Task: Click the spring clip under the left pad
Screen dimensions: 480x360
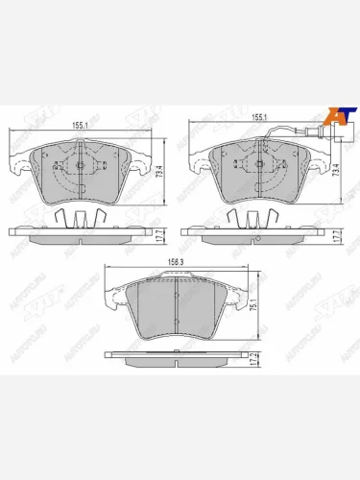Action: [77, 218]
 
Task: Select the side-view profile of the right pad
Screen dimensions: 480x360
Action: [255, 234]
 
